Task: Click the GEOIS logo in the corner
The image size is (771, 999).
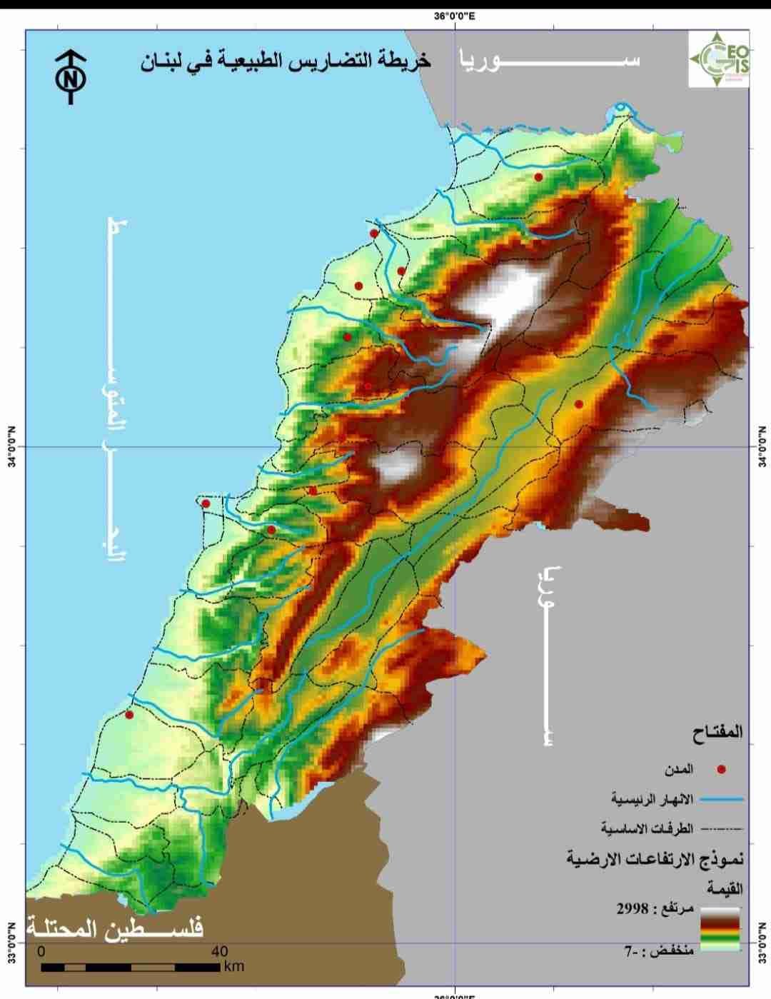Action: [719, 59]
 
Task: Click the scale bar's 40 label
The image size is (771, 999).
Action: [219, 951]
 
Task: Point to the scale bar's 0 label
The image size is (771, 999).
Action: [41, 951]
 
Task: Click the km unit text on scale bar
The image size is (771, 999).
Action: [233, 967]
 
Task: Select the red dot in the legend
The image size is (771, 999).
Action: [721, 770]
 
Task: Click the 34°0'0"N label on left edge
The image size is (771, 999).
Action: [12, 447]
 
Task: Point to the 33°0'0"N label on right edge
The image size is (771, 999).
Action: [761, 943]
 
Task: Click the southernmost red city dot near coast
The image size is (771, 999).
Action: [129, 715]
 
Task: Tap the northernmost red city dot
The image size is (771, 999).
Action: [538, 177]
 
